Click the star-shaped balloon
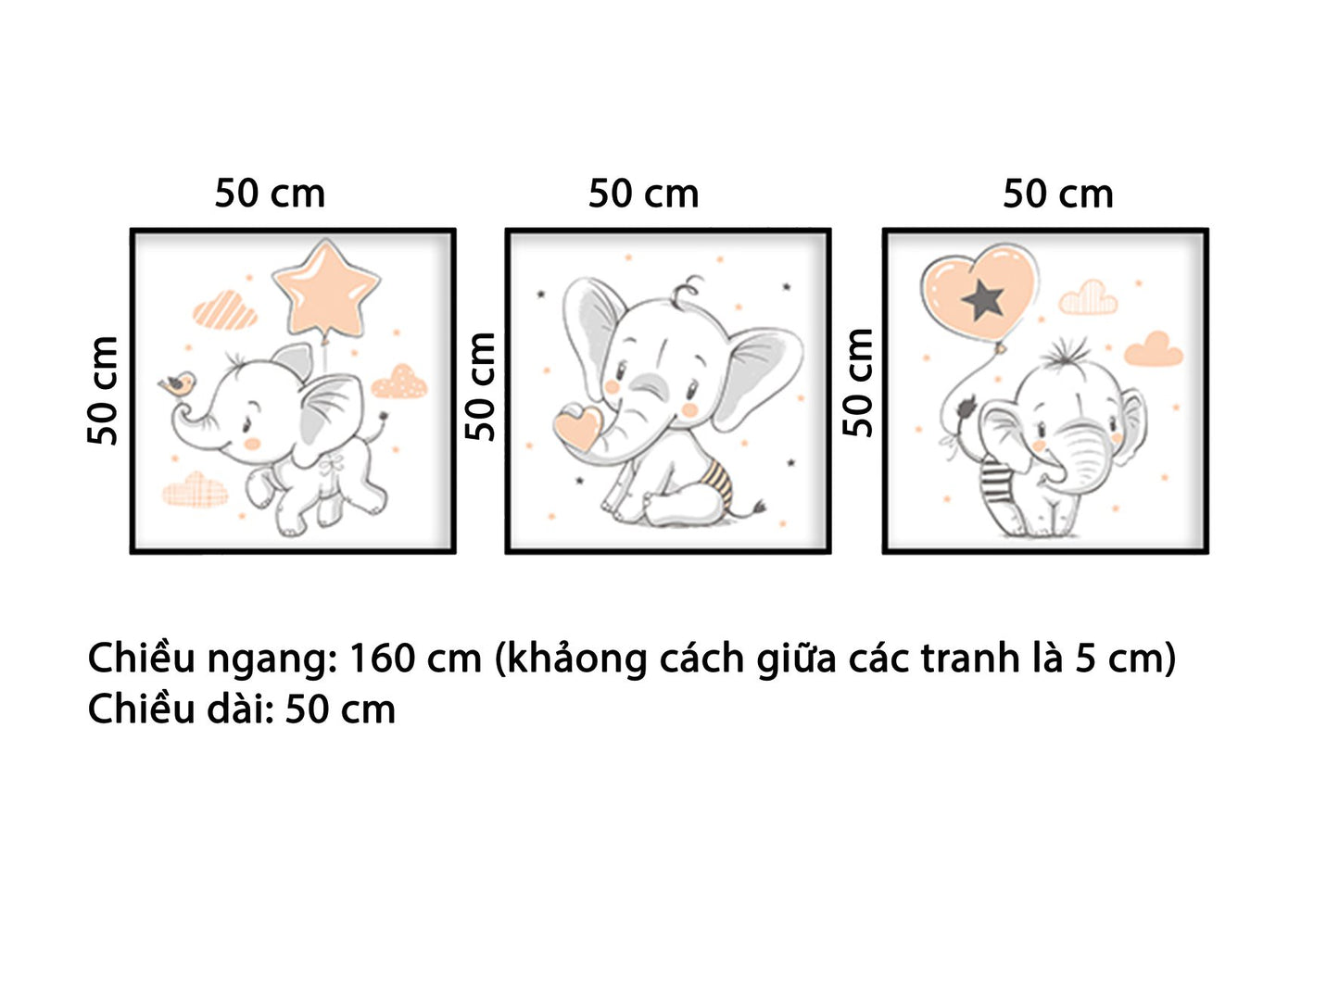coord(326,288)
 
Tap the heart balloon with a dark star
coord(979,287)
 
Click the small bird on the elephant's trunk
coord(177,383)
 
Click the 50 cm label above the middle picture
coord(643,194)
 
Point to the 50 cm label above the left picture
coord(270,194)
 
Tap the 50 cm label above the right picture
coord(1057,194)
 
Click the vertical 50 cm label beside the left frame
coord(103,391)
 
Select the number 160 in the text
coord(381,659)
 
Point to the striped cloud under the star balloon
coord(225,311)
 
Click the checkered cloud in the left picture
coord(196,490)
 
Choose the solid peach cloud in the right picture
coord(1154,349)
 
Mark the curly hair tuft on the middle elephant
coord(687,290)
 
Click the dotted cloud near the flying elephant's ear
coord(400,382)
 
